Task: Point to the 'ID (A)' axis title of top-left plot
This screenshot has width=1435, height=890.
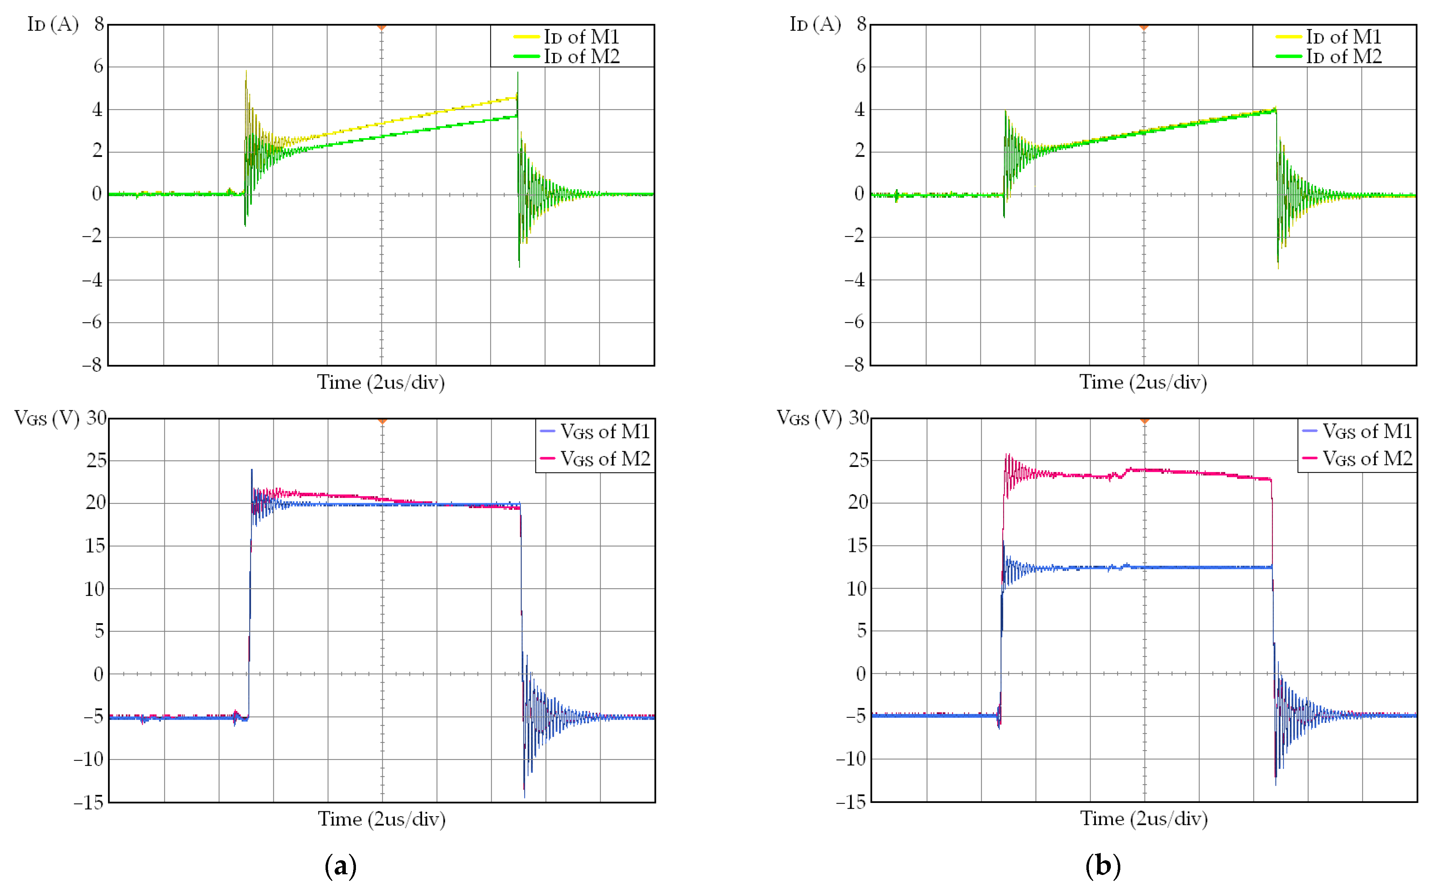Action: pyautogui.click(x=52, y=24)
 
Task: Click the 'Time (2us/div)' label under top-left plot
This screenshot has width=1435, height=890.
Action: pyautogui.click(x=381, y=383)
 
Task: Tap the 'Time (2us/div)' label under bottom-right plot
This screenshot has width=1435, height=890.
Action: pyautogui.click(x=1143, y=819)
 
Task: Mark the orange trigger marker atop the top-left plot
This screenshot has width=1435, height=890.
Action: pyautogui.click(x=381, y=27)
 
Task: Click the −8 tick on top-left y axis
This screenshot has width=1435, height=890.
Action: pyautogui.click(x=92, y=365)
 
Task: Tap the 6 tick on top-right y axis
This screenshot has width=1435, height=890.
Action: pyautogui.click(x=860, y=66)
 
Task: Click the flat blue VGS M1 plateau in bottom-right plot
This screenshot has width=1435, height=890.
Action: pyautogui.click(x=1177, y=568)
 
